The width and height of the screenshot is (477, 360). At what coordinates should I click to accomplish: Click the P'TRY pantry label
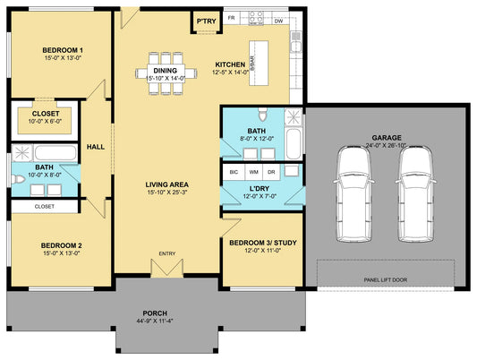coord(206,21)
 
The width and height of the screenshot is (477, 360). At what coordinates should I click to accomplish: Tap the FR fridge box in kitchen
coord(232,18)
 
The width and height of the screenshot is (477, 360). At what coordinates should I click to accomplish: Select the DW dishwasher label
coord(278,21)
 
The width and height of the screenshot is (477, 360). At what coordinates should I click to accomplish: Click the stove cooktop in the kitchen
coord(256,18)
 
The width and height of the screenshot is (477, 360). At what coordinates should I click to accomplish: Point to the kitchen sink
coord(295,42)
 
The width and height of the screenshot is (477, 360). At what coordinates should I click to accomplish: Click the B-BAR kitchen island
coord(259,63)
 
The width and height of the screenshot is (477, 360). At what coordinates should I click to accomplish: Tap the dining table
coord(166,73)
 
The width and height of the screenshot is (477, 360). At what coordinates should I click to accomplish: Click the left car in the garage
coord(353,193)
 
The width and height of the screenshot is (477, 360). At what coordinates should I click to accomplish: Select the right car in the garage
coord(416,193)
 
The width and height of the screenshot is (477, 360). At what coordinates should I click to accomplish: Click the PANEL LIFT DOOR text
coord(386,279)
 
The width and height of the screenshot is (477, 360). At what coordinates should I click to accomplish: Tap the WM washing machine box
coord(254,172)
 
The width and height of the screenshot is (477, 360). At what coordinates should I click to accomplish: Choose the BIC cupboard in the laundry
coord(234,172)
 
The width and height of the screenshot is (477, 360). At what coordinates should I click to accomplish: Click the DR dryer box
coord(271,172)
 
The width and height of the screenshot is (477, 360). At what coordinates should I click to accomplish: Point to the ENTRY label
coord(167,253)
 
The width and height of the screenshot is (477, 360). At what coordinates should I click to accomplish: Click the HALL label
coord(96,147)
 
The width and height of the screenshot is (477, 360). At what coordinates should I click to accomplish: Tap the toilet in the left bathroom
coord(18,179)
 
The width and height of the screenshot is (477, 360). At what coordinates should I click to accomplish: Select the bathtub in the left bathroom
coord(55,153)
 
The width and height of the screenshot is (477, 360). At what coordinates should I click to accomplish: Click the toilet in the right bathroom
coord(262,114)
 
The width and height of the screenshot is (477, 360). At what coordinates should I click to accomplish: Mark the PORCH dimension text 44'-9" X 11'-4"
coord(155,321)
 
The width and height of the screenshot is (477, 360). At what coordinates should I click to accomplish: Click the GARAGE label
coord(387,138)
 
